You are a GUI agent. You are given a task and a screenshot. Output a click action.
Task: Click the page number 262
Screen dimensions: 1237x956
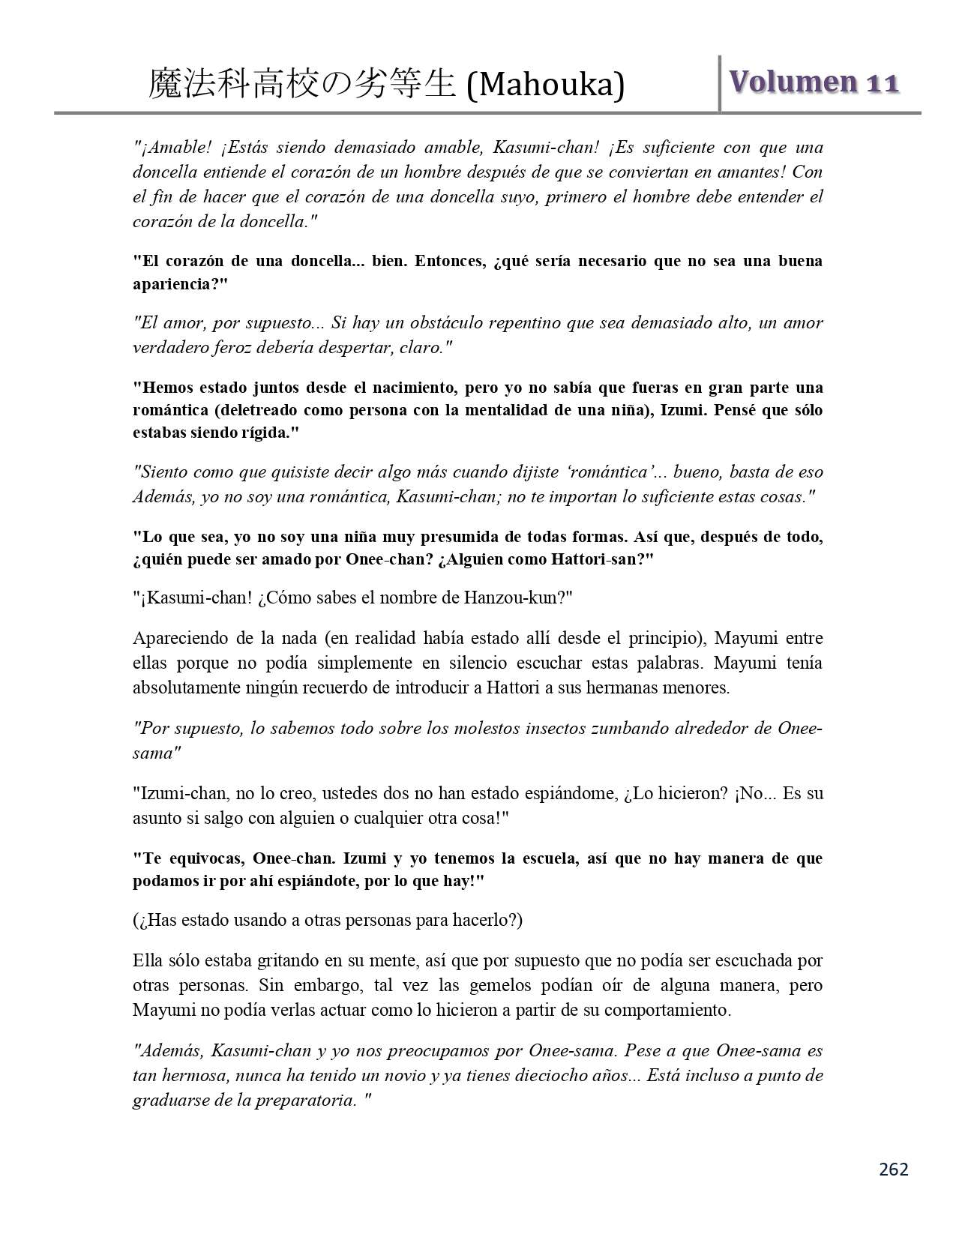(x=893, y=1169)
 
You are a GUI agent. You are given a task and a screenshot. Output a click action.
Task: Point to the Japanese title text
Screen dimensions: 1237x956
(x=301, y=84)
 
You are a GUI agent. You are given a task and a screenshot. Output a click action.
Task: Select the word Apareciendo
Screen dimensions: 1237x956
(x=178, y=638)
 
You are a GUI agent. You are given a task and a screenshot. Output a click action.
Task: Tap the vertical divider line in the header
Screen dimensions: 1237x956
(x=720, y=84)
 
